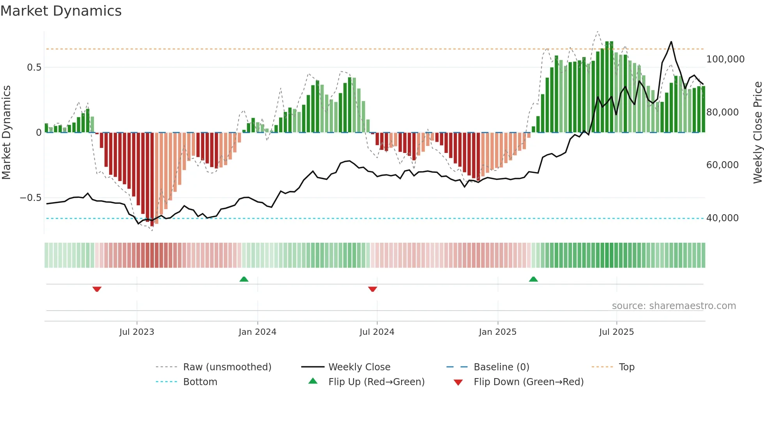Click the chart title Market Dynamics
tap(61, 11)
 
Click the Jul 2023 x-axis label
tap(137, 332)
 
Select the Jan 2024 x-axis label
tap(257, 332)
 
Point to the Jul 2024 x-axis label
tap(377, 332)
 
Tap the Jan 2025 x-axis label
tap(498, 332)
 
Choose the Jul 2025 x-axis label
tap(617, 332)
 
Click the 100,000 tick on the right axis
tap(725, 59)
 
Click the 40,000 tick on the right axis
tap(722, 218)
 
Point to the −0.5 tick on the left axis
tap(31, 198)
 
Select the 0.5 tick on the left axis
tap(34, 68)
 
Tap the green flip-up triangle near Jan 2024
tap(244, 279)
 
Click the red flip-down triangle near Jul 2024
tap(373, 289)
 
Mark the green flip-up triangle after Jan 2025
tap(533, 279)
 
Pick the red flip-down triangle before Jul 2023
tap(97, 289)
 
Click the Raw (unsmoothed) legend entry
tap(227, 367)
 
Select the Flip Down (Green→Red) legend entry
tap(529, 382)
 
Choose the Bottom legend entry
tap(200, 382)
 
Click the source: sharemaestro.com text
tap(674, 306)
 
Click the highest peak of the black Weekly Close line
tap(671, 42)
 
